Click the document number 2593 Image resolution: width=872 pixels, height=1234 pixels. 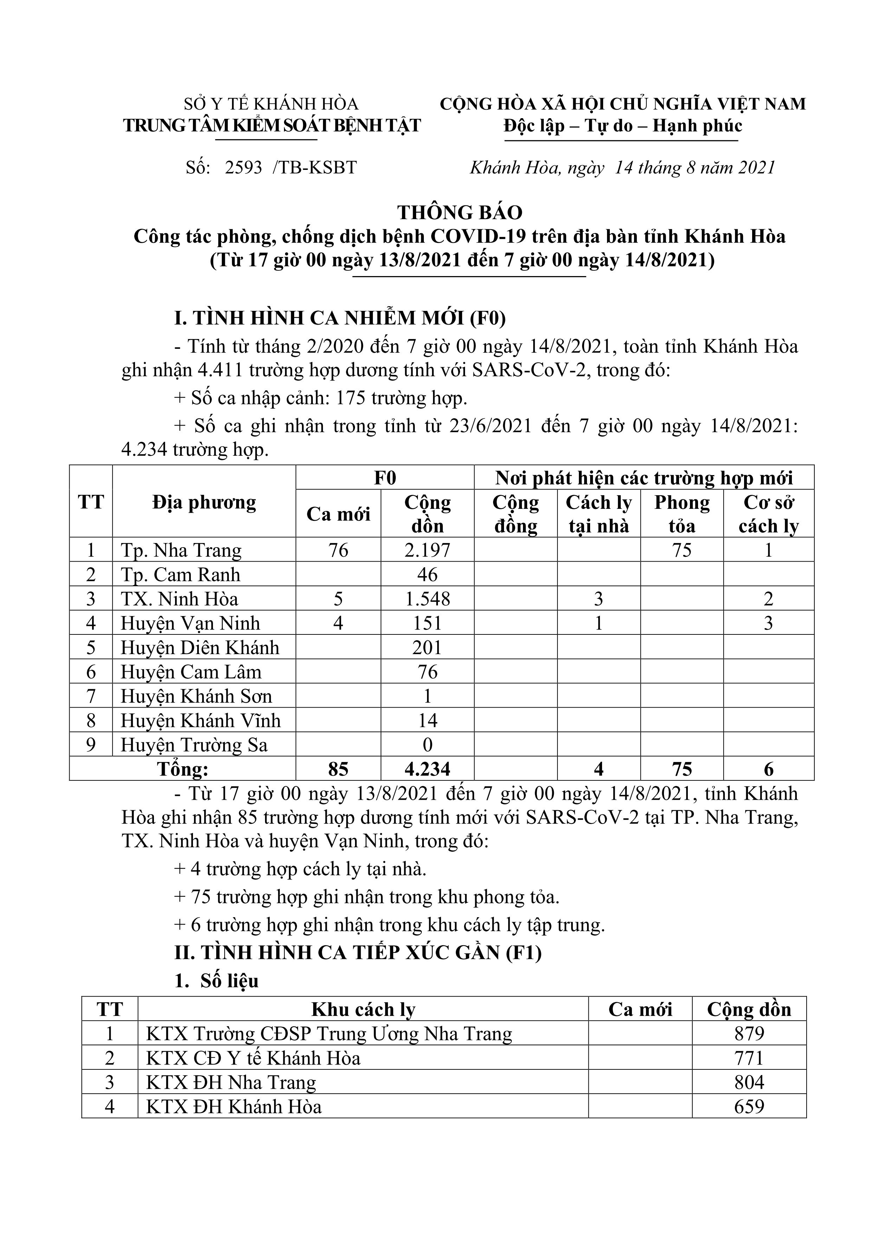click(243, 168)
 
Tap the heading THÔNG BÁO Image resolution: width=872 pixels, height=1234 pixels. click(460, 212)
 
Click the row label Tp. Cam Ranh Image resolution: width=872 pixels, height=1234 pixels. click(181, 575)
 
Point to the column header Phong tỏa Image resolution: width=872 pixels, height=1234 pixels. click(682, 513)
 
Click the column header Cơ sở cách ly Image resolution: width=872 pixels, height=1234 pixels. click(768, 513)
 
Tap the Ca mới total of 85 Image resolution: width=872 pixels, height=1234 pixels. click(338, 769)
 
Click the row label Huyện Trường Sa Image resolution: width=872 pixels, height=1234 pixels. click(194, 745)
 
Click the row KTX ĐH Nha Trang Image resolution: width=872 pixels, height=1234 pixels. click(231, 1082)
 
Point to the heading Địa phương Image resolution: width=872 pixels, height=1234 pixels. click(204, 503)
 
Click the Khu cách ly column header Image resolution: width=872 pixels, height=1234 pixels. click(363, 1009)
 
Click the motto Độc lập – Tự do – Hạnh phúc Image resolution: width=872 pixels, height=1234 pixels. click(623, 126)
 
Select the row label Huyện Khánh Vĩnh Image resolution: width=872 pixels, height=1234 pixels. click(200, 721)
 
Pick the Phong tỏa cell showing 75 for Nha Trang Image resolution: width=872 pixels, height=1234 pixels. click(682, 550)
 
